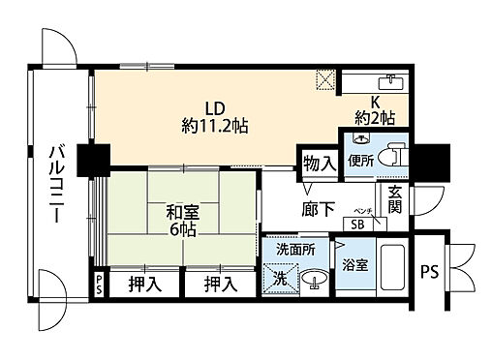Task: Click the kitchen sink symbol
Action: (392, 79)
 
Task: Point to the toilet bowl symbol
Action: (391, 157)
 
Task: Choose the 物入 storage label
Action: (319, 163)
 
